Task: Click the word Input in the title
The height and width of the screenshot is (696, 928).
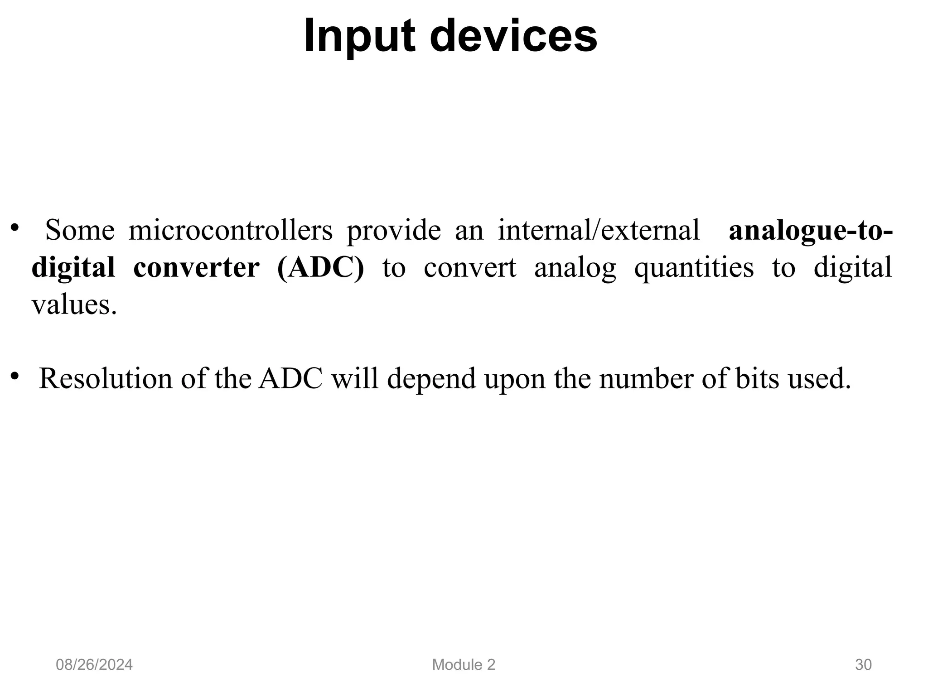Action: [359, 36]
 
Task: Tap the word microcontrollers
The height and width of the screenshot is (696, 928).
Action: [230, 230]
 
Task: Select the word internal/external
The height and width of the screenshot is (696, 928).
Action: [599, 230]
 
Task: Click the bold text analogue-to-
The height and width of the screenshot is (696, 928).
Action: [811, 230]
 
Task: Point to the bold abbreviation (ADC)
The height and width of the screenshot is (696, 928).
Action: [320, 267]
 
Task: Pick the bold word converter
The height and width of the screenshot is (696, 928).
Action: [196, 267]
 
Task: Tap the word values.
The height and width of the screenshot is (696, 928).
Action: [74, 304]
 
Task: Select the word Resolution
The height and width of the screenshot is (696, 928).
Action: [106, 378]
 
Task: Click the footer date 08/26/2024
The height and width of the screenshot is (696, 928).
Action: [94, 665]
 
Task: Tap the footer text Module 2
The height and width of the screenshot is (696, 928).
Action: [464, 665]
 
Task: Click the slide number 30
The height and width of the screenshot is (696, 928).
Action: [863, 665]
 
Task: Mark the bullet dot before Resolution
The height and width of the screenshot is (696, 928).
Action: [15, 376]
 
